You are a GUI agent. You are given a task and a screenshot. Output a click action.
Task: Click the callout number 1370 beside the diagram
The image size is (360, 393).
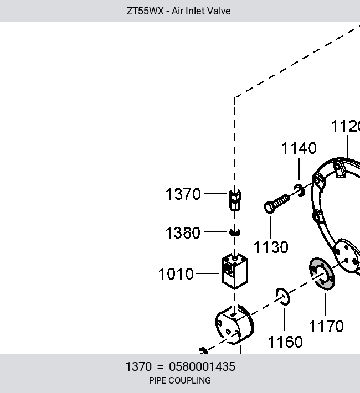(x=183, y=194)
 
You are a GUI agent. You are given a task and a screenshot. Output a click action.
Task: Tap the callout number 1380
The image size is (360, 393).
(x=183, y=233)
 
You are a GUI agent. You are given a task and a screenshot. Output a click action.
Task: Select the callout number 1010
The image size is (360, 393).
(x=176, y=273)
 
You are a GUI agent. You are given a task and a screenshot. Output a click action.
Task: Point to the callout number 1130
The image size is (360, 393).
(x=271, y=247)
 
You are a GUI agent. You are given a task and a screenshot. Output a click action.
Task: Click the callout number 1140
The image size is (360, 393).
(x=299, y=148)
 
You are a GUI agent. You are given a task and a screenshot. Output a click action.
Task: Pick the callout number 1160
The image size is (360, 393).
(x=285, y=342)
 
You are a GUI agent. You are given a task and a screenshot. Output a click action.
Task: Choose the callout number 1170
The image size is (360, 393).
(x=326, y=327)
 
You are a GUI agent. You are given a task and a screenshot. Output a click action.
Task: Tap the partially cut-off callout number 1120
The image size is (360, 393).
(x=346, y=126)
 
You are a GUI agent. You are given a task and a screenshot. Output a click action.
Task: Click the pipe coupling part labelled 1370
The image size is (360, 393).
(x=235, y=200)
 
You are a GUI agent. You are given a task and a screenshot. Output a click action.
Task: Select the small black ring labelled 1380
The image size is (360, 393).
(x=235, y=232)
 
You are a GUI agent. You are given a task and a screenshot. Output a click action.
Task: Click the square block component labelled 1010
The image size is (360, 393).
(x=235, y=271)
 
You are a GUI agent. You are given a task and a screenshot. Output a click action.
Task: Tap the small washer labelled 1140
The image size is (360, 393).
(x=299, y=190)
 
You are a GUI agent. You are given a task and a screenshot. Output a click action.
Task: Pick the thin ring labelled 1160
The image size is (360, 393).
(x=282, y=297)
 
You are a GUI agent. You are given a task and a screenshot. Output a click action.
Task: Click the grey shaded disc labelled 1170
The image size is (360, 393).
(x=322, y=273)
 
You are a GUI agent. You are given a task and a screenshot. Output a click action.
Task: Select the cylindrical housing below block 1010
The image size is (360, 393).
(x=235, y=324)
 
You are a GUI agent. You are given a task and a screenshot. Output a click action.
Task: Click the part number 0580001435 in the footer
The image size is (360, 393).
(x=202, y=366)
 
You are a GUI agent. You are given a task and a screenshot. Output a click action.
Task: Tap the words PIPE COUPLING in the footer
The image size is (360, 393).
(x=180, y=380)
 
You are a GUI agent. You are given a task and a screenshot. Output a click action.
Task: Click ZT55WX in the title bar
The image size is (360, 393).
(x=145, y=11)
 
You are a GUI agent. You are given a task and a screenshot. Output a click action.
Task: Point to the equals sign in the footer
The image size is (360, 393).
(x=160, y=367)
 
